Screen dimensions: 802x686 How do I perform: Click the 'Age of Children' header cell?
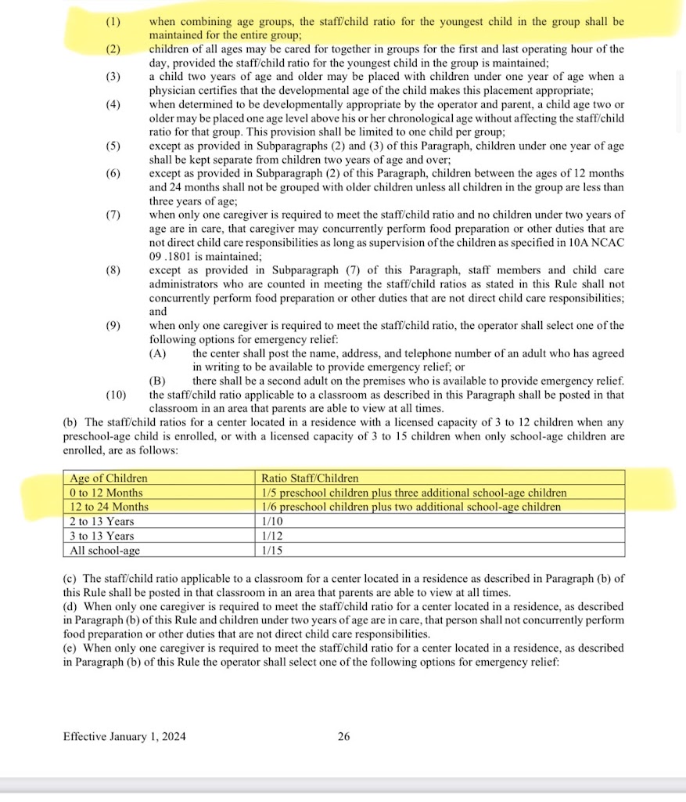109,478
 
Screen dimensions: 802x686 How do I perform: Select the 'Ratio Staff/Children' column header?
311,478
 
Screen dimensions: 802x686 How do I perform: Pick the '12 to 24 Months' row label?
110,507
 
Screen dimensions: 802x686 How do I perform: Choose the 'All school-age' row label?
106,551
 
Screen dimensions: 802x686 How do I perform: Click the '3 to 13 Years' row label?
102,536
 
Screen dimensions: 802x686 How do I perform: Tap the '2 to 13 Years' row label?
102,522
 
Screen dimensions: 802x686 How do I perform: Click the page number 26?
343,736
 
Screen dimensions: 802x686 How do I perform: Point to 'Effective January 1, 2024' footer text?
124,736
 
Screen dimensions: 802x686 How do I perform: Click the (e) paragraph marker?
68,648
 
